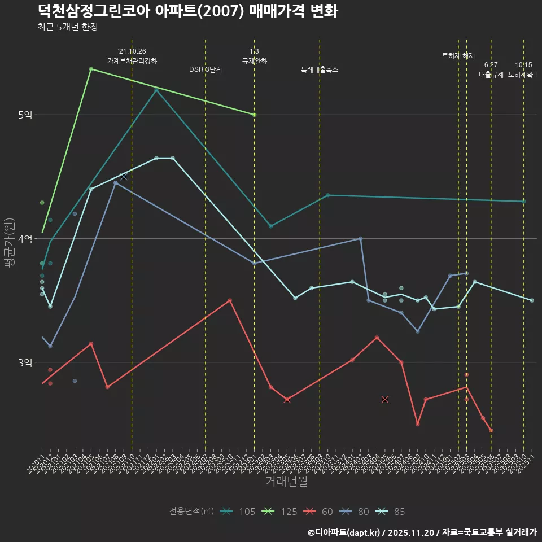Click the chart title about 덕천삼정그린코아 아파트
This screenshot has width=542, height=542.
click(188, 11)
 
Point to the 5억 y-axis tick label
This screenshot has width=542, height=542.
click(25, 115)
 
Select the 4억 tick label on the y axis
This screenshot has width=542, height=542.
click(25, 239)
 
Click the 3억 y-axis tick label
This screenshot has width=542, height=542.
click(25, 362)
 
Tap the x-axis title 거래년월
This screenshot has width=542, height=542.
click(286, 482)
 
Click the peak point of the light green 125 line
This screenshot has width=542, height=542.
click(91, 69)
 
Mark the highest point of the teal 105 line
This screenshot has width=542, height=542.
click(156, 90)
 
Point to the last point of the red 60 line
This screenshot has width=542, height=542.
click(491, 431)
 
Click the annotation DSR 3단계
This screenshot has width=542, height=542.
click(206, 69)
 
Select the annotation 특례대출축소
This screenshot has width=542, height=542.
click(320, 69)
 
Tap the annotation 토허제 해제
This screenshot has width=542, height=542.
click(458, 56)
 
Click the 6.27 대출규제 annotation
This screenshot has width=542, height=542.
click(491, 69)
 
